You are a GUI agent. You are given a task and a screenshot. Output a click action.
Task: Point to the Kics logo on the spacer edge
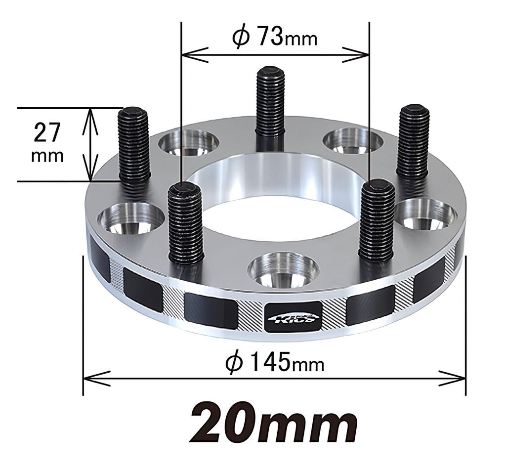click(293, 317)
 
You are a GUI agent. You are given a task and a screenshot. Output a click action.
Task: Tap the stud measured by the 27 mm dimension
click(134, 146)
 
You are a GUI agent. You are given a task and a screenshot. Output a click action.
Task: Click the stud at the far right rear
click(413, 141)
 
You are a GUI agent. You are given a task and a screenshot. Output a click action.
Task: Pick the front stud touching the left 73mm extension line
click(185, 222)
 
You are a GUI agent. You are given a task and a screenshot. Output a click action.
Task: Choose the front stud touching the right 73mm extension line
click(377, 220)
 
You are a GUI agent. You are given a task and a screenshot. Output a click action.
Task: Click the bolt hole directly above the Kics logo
click(283, 269)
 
